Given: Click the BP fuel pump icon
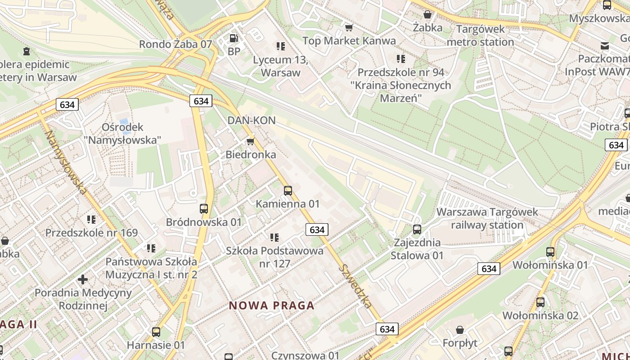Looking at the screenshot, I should (234, 39).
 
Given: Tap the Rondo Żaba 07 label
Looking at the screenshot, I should (175, 44).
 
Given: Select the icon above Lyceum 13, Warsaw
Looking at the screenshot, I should (281, 46).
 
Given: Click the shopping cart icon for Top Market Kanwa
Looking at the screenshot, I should (349, 28).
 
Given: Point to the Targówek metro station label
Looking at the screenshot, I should (485, 36).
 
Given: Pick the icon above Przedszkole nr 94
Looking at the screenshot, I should (401, 58).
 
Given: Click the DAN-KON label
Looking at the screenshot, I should (252, 121).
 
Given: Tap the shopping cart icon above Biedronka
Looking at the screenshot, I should (251, 142).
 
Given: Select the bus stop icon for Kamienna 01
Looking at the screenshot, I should (288, 190).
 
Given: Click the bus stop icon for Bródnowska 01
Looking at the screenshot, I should (204, 208).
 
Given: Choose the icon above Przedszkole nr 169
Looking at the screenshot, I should (91, 220).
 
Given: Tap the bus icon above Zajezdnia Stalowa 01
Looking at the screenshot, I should (417, 229).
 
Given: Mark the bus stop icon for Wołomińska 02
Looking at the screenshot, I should (540, 302).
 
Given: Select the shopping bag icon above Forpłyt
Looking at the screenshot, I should (460, 330).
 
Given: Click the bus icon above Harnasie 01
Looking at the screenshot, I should (156, 332).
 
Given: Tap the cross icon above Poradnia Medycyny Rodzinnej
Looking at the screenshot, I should (83, 279).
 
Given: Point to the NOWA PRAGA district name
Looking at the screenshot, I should (272, 306).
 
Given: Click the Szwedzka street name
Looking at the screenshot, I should (355, 286).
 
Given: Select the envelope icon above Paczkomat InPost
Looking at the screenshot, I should (605, 45).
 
